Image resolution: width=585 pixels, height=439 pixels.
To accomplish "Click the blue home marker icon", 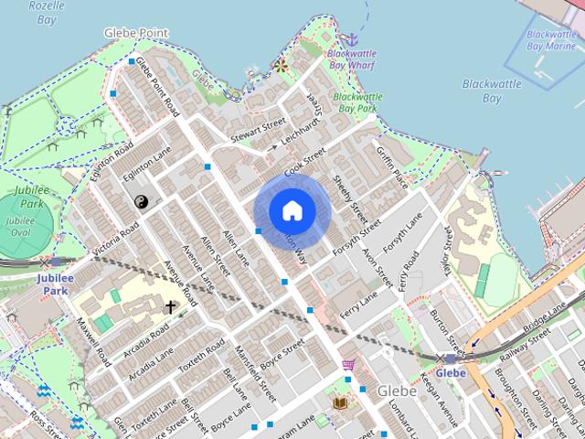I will click(292, 211).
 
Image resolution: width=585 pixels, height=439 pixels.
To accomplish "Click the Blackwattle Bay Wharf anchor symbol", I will click(349, 40).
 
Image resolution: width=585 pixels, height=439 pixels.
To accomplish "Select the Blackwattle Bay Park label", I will click(355, 102).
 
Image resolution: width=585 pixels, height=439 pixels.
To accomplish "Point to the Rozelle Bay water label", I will click(46, 12).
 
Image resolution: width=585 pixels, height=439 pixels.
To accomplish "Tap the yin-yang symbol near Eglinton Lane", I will click(141, 201).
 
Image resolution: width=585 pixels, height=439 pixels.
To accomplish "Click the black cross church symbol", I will click(169, 307).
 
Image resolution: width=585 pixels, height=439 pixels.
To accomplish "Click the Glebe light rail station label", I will click(450, 373).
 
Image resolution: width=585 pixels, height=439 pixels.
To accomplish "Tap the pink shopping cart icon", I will click(348, 365).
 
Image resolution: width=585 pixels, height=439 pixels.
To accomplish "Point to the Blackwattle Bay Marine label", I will click(551, 40).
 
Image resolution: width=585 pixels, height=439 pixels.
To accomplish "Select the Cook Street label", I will click(304, 164).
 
